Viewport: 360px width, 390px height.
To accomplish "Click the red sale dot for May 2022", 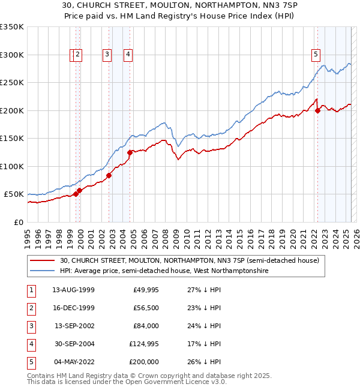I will [x=317, y=110].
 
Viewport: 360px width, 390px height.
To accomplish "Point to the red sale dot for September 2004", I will [x=130, y=152].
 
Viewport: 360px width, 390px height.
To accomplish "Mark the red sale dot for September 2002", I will [x=109, y=175].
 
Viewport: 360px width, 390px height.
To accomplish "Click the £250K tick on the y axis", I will [x=12, y=83].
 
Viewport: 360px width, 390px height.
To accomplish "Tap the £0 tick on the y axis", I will [x=19, y=222].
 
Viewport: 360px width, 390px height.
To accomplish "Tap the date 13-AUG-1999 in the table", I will [x=73, y=290].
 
